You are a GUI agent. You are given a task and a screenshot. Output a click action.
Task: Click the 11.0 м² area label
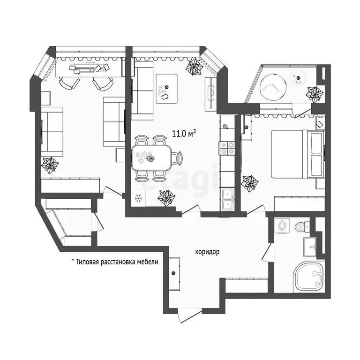click(x=184, y=134)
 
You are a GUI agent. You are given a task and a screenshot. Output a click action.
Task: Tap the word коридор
click(x=207, y=252)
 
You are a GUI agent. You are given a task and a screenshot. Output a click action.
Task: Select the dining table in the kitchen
click(x=150, y=157)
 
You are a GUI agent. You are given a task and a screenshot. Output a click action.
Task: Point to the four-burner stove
click(x=227, y=148)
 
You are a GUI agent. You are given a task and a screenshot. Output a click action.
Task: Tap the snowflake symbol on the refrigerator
click(x=138, y=198)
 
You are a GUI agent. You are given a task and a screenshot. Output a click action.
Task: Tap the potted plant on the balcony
click(x=315, y=93)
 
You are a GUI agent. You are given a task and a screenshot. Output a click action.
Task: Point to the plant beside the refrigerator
click(x=165, y=199)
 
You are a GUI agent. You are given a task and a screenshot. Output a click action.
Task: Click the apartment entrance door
click(x=189, y=313)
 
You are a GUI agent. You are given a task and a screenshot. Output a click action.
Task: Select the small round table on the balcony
click(x=298, y=78)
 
